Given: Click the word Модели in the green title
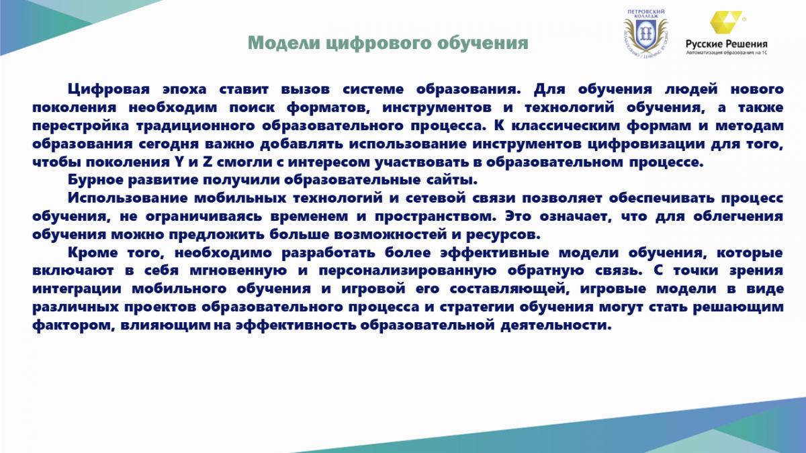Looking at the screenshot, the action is pyautogui.click(x=284, y=43).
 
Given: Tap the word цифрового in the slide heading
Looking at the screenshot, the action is pyautogui.click(x=379, y=44).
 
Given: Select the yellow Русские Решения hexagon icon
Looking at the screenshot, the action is pyautogui.click(x=726, y=22).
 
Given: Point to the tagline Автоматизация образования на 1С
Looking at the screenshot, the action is pyautogui.click(x=727, y=52).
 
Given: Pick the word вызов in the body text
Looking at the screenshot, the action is pyautogui.click(x=306, y=89).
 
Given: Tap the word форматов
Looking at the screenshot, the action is pyautogui.click(x=328, y=107).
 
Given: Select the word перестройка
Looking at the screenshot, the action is pyautogui.click(x=81, y=126).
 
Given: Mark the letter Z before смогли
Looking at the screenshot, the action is pyautogui.click(x=208, y=162).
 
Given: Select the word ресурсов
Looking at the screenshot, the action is pyautogui.click(x=503, y=235).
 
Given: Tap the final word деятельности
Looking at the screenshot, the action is pyautogui.click(x=556, y=325).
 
